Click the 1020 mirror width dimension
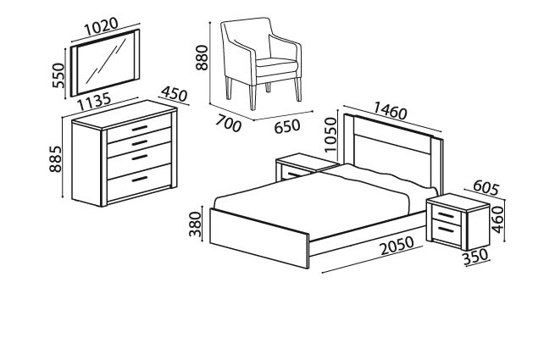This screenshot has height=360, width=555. pyautogui.click(x=101, y=26)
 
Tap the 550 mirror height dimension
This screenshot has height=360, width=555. pyautogui.click(x=58, y=75)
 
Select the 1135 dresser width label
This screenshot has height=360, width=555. pyautogui.click(x=94, y=102)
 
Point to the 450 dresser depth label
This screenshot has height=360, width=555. pyautogui.click(x=174, y=94)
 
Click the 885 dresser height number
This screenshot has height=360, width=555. pyautogui.click(x=56, y=159)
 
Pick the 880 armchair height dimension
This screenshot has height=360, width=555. pyautogui.click(x=202, y=58)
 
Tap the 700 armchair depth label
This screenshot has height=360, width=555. pyautogui.click(x=229, y=124)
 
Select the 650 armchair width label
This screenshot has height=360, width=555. pyautogui.click(x=287, y=126)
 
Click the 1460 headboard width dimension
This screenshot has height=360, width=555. pyautogui.click(x=391, y=111)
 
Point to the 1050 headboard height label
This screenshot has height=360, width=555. pyautogui.click(x=330, y=135)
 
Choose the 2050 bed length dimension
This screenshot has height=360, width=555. pyautogui.click(x=397, y=245)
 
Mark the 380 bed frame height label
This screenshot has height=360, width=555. pyautogui.click(x=195, y=224)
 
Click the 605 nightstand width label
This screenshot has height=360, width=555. pyautogui.click(x=486, y=187)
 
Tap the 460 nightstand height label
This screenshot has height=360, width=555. pyautogui.click(x=497, y=219)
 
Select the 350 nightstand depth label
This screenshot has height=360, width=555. pyautogui.click(x=475, y=257)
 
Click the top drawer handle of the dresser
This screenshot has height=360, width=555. pyautogui.click(x=140, y=128)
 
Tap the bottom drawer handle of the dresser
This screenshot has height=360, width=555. pyautogui.click(x=140, y=179)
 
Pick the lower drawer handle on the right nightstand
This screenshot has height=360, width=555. pyautogui.click(x=446, y=230)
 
